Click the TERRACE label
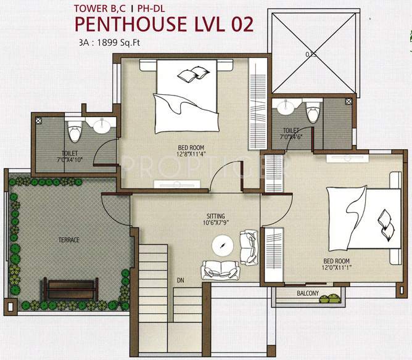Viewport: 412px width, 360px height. coord(69,239)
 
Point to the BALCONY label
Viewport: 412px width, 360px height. coord(307,293)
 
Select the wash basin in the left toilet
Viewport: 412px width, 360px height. coord(100,128)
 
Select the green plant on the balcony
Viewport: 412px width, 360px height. coord(333,297)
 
